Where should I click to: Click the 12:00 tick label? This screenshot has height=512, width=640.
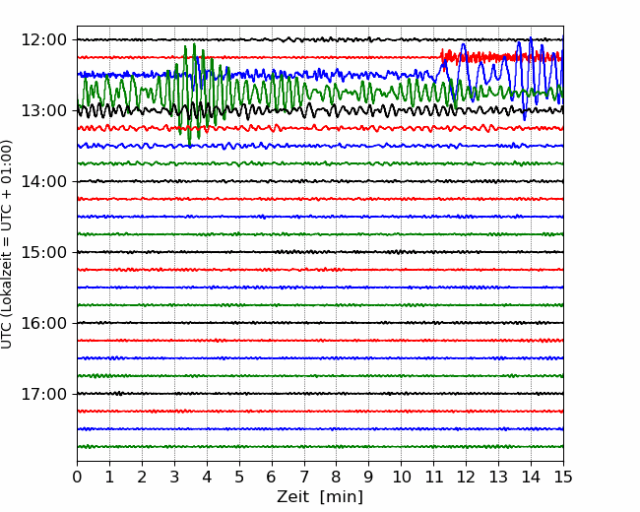pos(43,40)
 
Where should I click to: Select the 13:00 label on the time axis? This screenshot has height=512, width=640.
pos(43,110)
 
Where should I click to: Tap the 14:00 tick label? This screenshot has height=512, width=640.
pos(43,181)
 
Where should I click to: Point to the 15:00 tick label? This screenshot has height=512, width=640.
pos(43,252)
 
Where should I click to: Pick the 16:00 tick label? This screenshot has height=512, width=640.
pos(43,323)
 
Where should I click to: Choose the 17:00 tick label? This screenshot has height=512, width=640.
pos(43,394)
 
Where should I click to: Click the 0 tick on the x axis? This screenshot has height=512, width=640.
pos(77,477)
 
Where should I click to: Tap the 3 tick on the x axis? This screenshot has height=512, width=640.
pos(174,477)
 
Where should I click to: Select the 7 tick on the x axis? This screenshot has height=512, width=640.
pos(304,477)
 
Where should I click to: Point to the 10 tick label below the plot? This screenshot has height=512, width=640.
pos(401,477)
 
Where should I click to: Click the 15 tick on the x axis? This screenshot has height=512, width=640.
pos(563,477)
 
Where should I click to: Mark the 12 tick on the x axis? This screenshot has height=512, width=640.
pos(466,477)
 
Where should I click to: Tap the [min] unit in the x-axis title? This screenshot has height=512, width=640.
pos(342,497)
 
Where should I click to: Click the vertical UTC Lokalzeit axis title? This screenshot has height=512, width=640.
pos(6,244)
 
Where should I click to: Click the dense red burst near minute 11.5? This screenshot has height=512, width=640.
pos(501,56)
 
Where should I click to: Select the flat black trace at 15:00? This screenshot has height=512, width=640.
pos(320,252)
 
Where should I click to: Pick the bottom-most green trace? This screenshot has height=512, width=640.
pos(320,447)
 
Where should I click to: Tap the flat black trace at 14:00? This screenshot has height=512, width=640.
pos(320,181)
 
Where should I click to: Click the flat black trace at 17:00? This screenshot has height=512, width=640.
pos(320,394)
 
